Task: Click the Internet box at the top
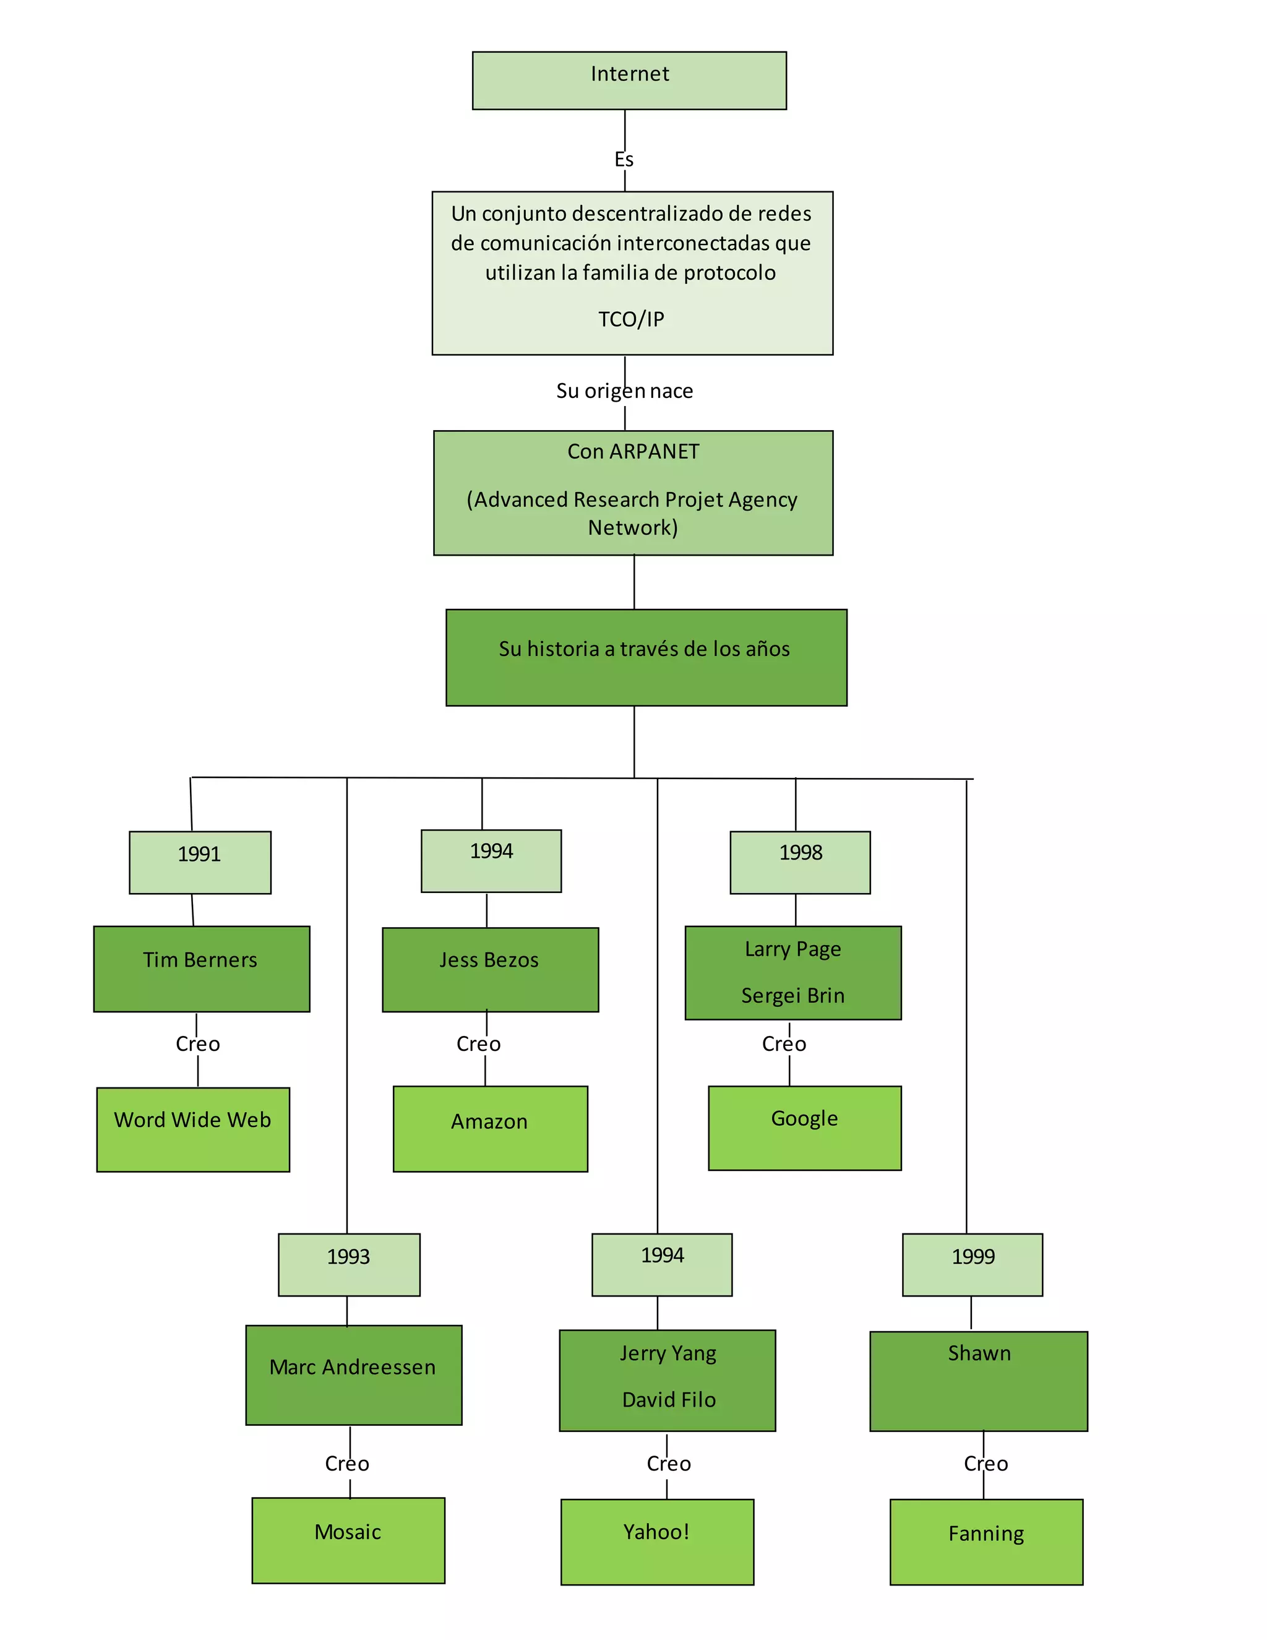click(x=629, y=80)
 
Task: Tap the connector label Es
click(x=624, y=159)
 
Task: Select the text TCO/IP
click(x=631, y=319)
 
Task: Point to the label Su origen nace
click(x=624, y=391)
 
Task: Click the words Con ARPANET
click(x=633, y=451)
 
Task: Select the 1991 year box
click(x=200, y=862)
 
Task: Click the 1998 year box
click(x=800, y=861)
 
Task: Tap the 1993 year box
click(x=349, y=1264)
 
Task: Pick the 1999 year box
click(x=972, y=1264)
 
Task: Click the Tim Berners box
click(x=201, y=968)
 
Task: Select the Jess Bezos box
click(x=490, y=969)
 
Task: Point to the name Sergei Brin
click(x=792, y=995)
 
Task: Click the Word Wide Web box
click(x=193, y=1129)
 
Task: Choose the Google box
click(x=805, y=1127)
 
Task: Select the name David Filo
click(x=669, y=1400)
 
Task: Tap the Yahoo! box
click(x=657, y=1541)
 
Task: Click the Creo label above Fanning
click(x=986, y=1464)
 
